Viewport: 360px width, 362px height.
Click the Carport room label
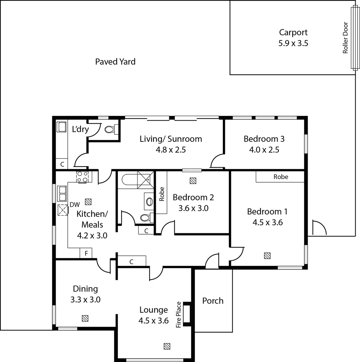coord(293,33)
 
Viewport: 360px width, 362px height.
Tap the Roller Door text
coord(345,38)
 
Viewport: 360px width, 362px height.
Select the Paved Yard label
coord(115,62)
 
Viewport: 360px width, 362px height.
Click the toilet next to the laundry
coord(110,129)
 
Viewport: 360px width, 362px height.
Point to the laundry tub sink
coord(62,127)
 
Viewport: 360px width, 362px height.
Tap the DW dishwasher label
coord(74,205)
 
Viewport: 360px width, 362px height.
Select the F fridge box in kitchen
coord(86,253)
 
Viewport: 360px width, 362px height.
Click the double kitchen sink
coord(62,193)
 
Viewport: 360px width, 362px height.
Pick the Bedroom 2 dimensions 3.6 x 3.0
coord(193,208)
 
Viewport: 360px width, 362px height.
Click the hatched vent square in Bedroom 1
coord(267,255)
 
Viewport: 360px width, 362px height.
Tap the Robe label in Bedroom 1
coord(281,177)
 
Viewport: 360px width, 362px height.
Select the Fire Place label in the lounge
coord(179,314)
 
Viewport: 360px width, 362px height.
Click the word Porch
coord(213,301)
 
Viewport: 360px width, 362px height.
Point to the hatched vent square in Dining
coord(85,318)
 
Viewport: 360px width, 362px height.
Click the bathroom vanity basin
coord(149,201)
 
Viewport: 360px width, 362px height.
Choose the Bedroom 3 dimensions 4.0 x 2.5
coord(264,149)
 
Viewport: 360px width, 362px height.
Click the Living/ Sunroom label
coord(171,139)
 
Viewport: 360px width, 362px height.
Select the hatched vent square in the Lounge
coord(167,346)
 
